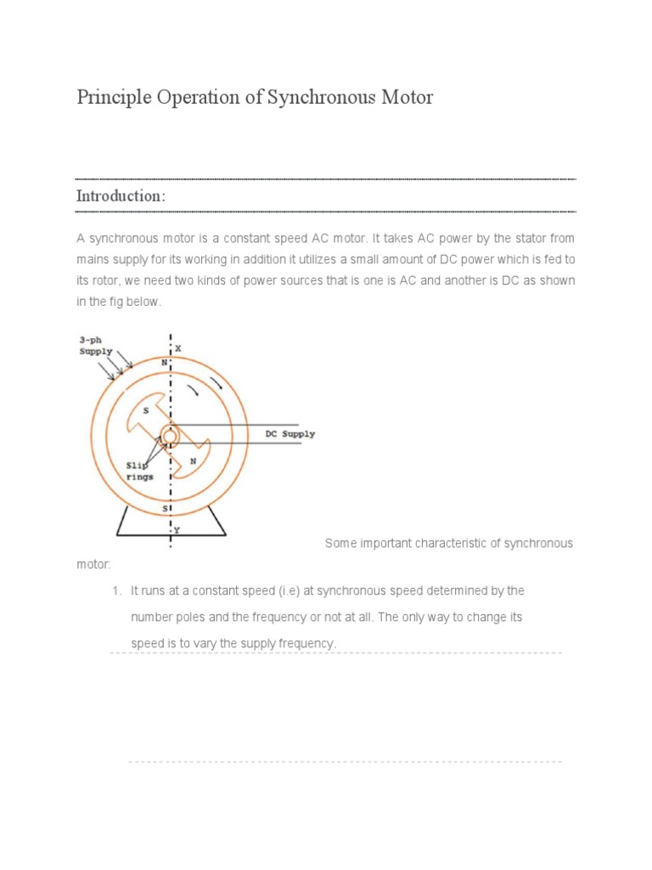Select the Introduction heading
pos(120,196)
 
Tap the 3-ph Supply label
pos(95,346)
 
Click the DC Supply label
pos(289,434)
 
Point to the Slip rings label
pos(140,472)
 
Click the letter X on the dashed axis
pos(178,348)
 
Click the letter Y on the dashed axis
pos(177,530)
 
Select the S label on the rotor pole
pos(146,410)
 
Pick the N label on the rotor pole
pos(193,462)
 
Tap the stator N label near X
pos(164,361)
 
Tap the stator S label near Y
pos(164,510)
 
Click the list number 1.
pos(117,590)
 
